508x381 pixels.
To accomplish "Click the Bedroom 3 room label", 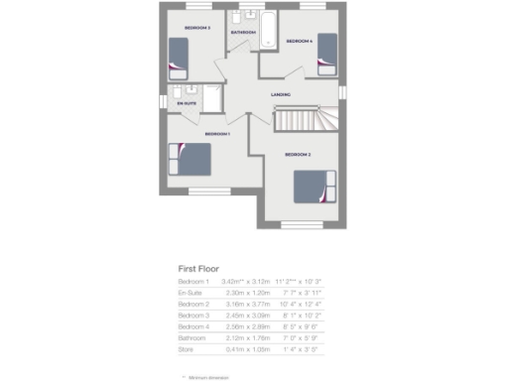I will point(195,28).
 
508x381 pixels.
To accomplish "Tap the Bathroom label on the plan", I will point(243,34).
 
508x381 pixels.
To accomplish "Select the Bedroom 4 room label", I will point(300,42).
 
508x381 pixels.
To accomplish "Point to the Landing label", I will point(281,95).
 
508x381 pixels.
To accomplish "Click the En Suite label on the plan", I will point(186,102).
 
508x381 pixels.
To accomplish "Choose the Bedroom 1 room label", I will point(217,134).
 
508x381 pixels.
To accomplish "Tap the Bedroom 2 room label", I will point(299,156).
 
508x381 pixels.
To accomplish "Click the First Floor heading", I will point(198,268).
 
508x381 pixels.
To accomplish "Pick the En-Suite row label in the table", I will point(190,294).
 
